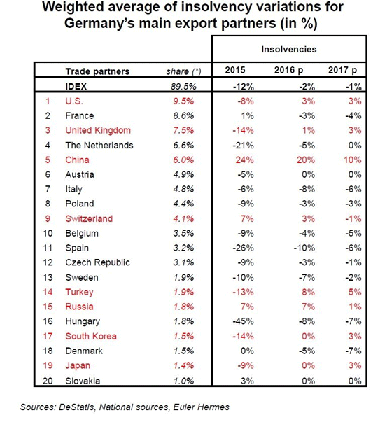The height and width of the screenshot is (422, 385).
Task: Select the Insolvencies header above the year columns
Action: point(289,50)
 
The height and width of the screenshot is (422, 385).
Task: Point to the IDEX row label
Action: point(77,86)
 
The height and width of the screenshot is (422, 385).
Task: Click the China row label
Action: point(78,160)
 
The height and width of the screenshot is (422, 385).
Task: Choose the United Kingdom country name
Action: point(99,130)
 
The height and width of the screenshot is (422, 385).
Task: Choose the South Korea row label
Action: point(91,336)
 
